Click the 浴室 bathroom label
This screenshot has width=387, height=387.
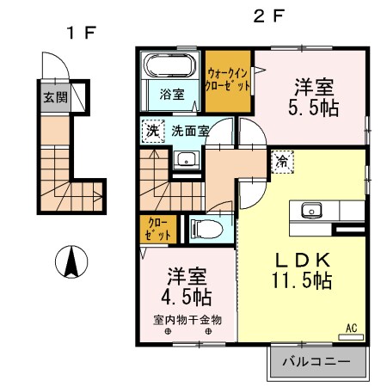[171, 94]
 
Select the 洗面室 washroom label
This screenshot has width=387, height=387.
[189, 132]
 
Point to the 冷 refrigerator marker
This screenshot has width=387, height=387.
[284, 160]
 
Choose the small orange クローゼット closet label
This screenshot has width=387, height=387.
[156, 228]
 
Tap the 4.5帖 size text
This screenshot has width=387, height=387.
[187, 297]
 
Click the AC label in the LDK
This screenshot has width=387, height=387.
[351, 328]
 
